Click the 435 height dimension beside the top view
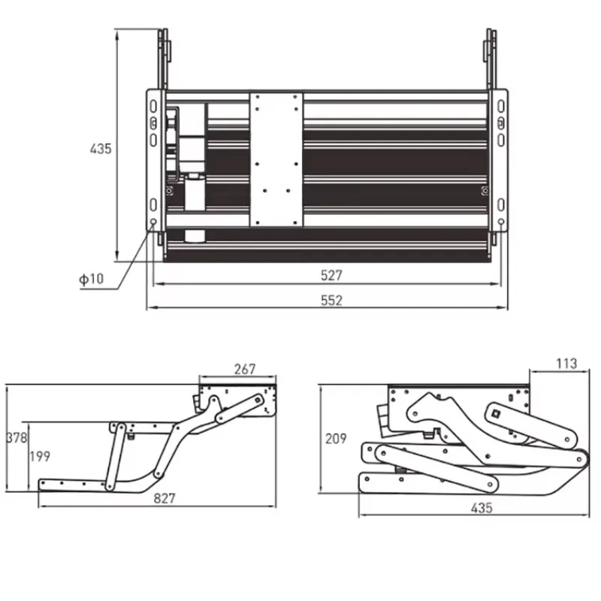tap(101, 149)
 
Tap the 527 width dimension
tap(331, 275)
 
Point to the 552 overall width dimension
tap(331, 300)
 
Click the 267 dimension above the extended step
tap(244, 369)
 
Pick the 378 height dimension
tap(16, 437)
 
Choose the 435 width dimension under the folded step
tap(481, 508)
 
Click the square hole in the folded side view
tap(497, 411)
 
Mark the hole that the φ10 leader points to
tap(153, 223)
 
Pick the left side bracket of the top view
tap(154, 162)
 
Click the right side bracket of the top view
tap(500, 162)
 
